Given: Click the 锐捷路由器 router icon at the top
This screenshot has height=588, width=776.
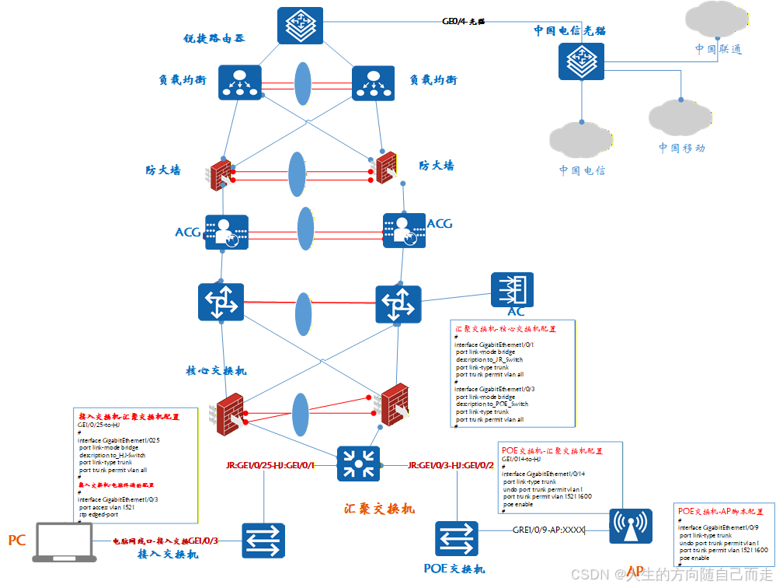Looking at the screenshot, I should click(x=301, y=26).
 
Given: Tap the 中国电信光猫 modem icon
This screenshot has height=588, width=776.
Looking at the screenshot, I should click(x=581, y=61).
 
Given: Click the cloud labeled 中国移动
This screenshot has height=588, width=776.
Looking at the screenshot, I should click(x=680, y=117).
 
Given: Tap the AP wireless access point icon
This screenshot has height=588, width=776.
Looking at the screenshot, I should click(x=631, y=527).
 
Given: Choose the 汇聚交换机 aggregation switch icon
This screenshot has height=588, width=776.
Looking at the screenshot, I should click(x=358, y=464).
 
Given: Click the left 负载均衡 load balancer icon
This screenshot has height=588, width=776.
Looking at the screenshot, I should click(x=240, y=82).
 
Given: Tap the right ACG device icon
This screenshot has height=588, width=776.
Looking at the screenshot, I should click(x=404, y=231).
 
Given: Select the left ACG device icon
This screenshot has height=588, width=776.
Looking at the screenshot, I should click(x=226, y=232).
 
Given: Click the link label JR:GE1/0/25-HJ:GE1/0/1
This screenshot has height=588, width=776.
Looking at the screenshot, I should click(x=270, y=466).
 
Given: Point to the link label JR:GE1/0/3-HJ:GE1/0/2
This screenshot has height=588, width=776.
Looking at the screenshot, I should click(x=451, y=465).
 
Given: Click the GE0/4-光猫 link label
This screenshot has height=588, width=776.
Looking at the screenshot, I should click(x=463, y=22).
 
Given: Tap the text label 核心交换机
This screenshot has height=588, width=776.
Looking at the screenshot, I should click(x=216, y=370).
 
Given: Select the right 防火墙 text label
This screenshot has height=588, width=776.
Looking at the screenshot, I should click(x=437, y=166).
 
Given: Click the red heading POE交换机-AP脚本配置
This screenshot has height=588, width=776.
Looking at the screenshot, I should click(x=720, y=512).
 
